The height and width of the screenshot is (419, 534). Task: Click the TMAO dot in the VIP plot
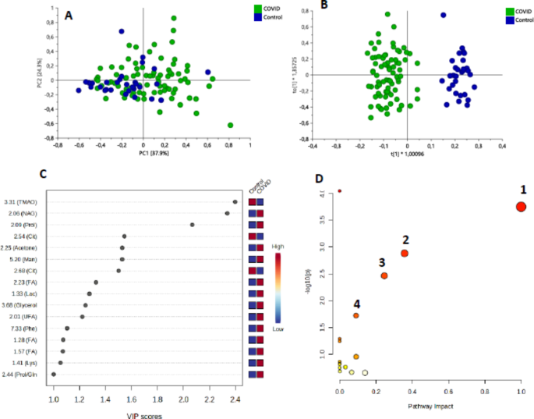pyautogui.click(x=235, y=202)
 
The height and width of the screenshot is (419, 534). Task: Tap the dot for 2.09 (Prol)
pyautogui.click(x=193, y=225)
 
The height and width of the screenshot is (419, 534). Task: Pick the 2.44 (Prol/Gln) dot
pyautogui.click(x=54, y=375)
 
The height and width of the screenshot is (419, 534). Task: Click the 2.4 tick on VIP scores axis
pyautogui.click(x=235, y=399)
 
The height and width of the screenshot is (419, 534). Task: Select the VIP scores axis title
pyautogui.click(x=143, y=416)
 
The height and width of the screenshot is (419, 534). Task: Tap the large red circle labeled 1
pyautogui.click(x=521, y=206)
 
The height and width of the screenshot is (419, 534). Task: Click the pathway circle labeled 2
pyautogui.click(x=405, y=253)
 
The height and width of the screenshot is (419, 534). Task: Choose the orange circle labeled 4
pyautogui.click(x=356, y=315)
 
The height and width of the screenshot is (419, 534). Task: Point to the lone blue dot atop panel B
pyautogui.click(x=443, y=15)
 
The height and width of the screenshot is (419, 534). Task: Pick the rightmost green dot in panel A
pyautogui.click(x=230, y=125)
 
